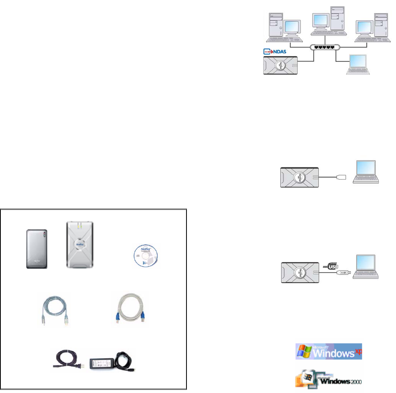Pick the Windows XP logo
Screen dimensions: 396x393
pos(328,352)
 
